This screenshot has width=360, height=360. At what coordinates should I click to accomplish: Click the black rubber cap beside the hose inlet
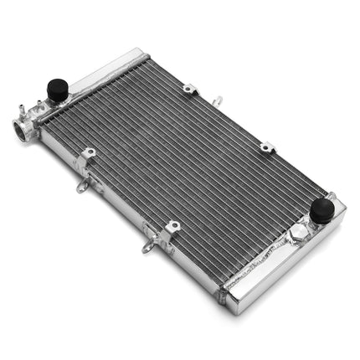[x=57, y=88]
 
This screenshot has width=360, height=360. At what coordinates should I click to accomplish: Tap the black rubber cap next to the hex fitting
[x=321, y=209]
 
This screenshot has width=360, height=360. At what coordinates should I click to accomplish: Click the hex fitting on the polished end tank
[x=296, y=240]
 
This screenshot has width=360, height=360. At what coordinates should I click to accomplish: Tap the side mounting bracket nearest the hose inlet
[x=87, y=155]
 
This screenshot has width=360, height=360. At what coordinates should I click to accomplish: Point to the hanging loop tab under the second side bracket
[x=149, y=247]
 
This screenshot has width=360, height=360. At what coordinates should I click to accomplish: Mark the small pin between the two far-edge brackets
[x=216, y=100]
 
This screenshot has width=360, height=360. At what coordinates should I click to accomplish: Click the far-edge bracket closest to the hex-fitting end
[x=267, y=147]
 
